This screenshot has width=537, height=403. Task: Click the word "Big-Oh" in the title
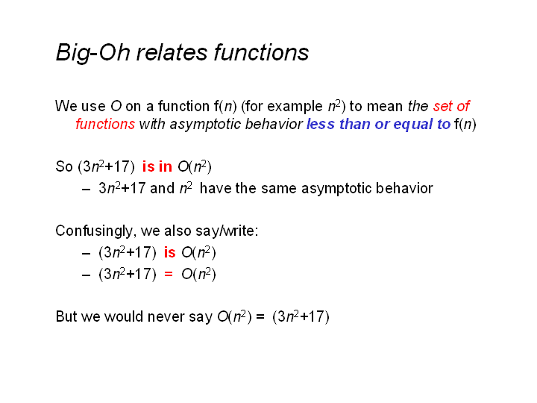point(93,53)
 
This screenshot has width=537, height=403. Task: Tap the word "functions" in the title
point(261,52)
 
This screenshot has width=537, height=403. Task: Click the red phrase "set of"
point(451,106)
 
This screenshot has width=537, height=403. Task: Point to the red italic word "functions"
point(105,124)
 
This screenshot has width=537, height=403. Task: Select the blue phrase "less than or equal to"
point(378,125)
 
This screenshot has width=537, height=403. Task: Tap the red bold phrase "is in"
point(157,167)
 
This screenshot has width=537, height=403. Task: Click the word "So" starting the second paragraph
point(64,167)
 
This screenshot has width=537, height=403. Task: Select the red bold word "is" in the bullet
point(169,252)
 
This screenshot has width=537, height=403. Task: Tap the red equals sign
point(168,274)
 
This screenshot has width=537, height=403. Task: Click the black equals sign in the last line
point(260,316)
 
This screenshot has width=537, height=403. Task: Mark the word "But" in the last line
point(66,316)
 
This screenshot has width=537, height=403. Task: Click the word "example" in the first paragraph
point(295,107)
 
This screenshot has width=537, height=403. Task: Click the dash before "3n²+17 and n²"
point(86,189)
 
